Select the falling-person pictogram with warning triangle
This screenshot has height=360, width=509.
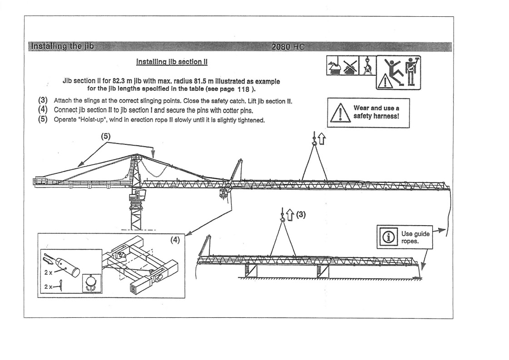[x=388, y=74]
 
